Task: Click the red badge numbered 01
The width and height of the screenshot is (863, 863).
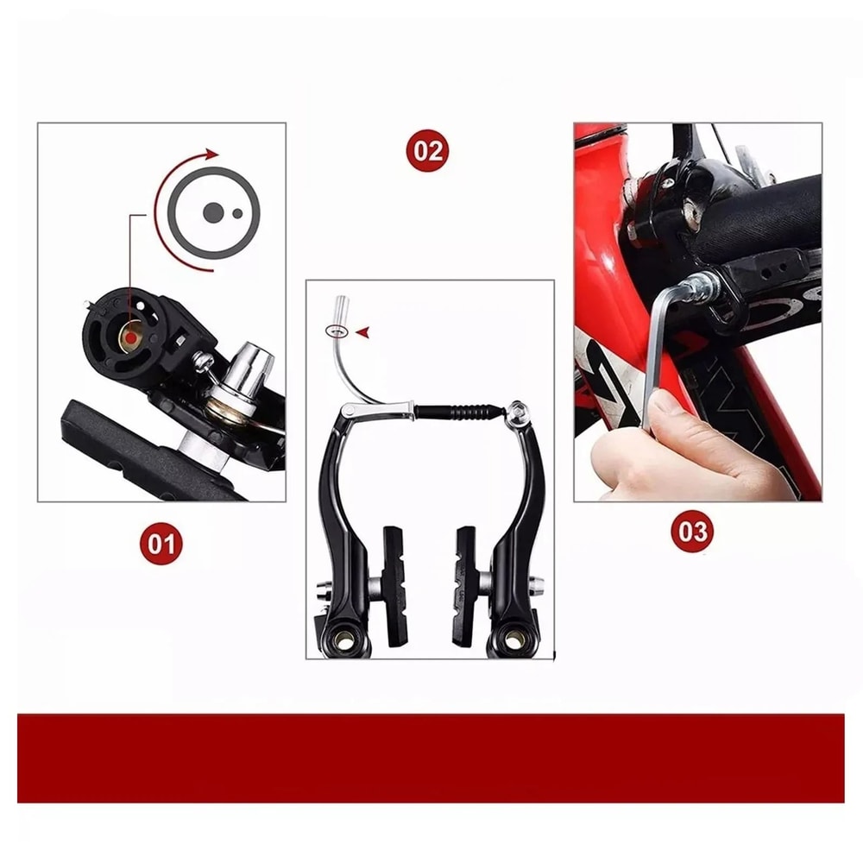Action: pos(161,543)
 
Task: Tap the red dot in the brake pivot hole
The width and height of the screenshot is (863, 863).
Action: pos(129,340)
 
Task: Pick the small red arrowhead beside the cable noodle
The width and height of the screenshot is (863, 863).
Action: pos(362,331)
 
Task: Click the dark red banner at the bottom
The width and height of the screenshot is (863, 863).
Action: pos(431,758)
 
